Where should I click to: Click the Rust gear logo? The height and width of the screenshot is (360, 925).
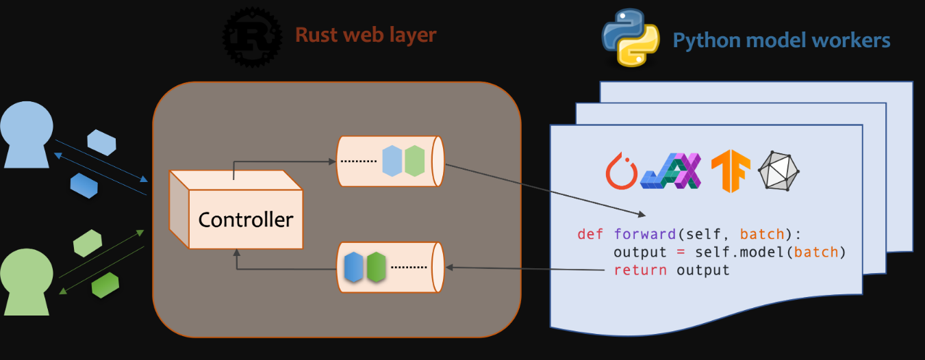[252, 36]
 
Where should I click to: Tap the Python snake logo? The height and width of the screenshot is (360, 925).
[631, 38]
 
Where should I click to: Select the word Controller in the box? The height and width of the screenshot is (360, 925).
[245, 219]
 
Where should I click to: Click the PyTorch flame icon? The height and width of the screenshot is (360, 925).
[622, 170]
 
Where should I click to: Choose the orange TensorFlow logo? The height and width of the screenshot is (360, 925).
[731, 170]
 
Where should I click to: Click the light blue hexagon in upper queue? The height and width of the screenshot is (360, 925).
[392, 161]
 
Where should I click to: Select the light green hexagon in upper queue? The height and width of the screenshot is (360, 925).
[415, 161]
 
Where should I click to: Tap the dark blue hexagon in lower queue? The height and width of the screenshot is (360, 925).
[353, 268]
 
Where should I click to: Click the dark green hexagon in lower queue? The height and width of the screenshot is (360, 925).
[377, 268]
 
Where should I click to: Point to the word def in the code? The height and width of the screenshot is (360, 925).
[590, 234]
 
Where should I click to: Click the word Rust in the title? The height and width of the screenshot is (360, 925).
[318, 35]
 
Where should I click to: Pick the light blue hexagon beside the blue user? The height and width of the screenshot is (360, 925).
[101, 142]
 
